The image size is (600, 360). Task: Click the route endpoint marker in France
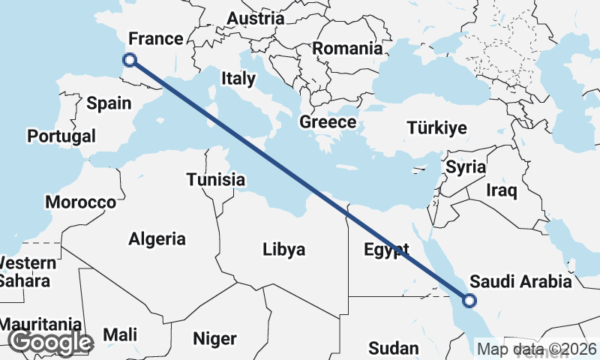pos(130,59)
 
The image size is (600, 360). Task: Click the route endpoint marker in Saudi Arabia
pos(469,301)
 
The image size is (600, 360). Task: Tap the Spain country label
pos(109,103)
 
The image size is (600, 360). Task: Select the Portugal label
pos(61,136)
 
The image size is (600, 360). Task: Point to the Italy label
pos(238,78)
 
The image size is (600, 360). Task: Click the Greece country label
pos(327,122)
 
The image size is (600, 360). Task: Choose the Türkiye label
pos(436,127)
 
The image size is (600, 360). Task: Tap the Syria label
pos(465,167)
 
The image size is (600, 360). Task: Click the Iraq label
pos(502,190)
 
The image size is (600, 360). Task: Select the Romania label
pos(347,49)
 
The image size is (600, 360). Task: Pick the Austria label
pos(255,19)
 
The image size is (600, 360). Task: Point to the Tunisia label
pos(216,180)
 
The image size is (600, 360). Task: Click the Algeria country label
pos(157,239)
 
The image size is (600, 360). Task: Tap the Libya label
pos(284,249)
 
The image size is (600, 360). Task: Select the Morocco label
pos(80,202)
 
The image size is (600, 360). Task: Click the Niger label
pos(214,338)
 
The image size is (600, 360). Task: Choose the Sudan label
pos(393,348)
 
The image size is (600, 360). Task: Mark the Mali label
pos(121,334)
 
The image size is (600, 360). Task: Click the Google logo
pos(51,343)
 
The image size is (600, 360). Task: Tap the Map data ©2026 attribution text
pos(536,349)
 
